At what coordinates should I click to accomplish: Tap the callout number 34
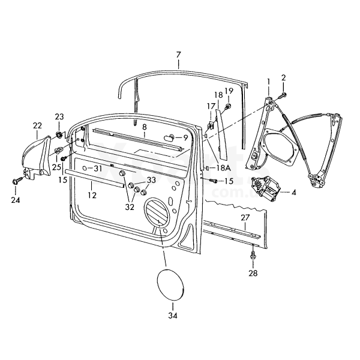point(173,314)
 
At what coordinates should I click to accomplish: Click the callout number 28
point(253,273)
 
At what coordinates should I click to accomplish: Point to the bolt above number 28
point(253,256)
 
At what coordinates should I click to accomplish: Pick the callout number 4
point(294,193)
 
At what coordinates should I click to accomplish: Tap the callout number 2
point(284,77)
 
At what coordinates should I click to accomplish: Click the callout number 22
point(37,125)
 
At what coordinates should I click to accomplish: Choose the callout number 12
point(92,194)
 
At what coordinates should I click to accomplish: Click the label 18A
point(223,167)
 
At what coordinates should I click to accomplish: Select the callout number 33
point(151,180)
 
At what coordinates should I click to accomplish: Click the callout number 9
point(185,137)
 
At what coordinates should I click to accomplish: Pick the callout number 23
point(59,116)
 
